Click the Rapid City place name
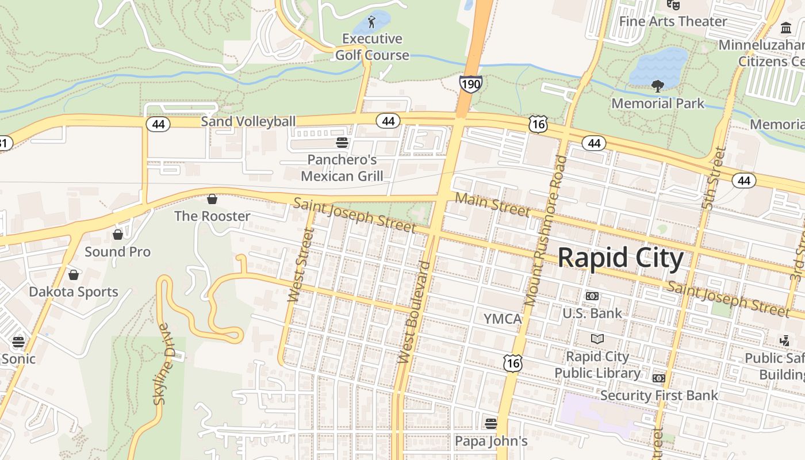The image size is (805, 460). (x=620, y=258)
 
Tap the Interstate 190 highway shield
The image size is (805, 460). (x=470, y=84)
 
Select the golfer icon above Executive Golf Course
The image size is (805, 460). (x=371, y=22)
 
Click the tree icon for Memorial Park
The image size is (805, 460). (x=657, y=87)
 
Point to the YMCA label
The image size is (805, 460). (x=502, y=319)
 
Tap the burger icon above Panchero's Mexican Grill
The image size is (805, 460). (x=342, y=142)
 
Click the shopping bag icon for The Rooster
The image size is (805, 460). (x=212, y=199)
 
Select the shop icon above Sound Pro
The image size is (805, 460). (x=118, y=235)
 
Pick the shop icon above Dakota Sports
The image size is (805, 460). (x=74, y=275)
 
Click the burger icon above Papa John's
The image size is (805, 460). (x=490, y=424)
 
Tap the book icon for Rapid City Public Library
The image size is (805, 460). (x=597, y=339)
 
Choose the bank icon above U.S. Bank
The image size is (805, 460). (x=592, y=296)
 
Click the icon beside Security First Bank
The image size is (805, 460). (x=659, y=378)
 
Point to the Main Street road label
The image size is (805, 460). (x=493, y=205)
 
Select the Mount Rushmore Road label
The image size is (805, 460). (x=545, y=230)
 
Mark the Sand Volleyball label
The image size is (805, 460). (x=248, y=121)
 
